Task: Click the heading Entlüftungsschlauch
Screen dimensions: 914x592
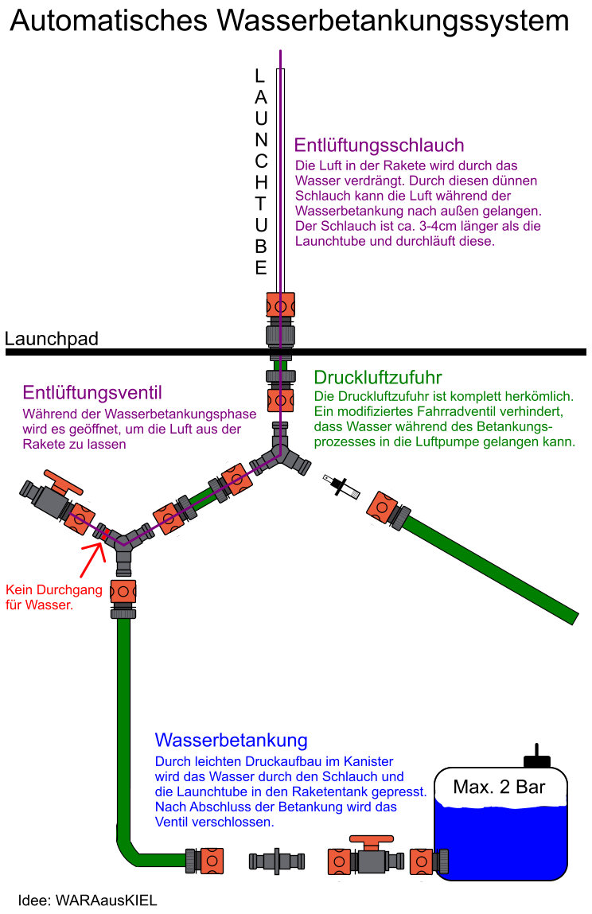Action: (x=379, y=146)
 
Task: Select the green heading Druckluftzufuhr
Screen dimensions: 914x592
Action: (x=378, y=376)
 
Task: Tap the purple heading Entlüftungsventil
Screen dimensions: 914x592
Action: (x=92, y=392)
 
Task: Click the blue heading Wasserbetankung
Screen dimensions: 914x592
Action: (x=231, y=741)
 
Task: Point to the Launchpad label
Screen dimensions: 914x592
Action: (x=52, y=339)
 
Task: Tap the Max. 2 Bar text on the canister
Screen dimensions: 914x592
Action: (x=499, y=788)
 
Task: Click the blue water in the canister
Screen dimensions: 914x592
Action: (x=499, y=843)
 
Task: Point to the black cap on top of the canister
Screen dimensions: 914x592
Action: (x=536, y=756)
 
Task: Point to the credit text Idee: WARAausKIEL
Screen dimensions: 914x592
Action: (x=88, y=900)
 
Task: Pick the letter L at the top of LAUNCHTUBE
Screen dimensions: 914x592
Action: (x=260, y=76)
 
